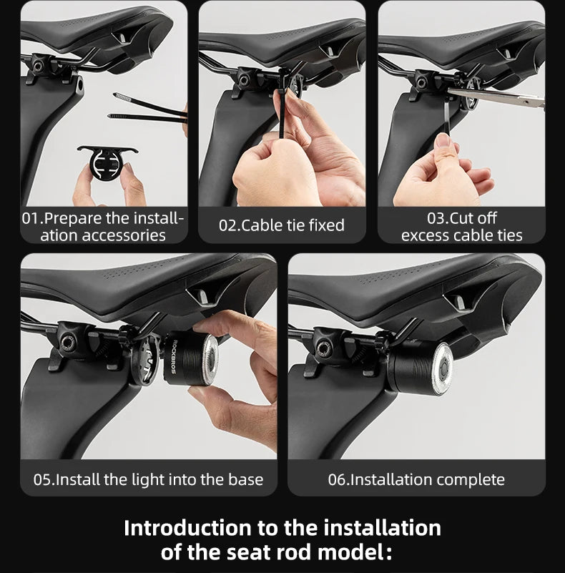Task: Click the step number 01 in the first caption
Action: (x=30, y=218)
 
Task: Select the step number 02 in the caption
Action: (x=227, y=225)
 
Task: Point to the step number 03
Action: (x=436, y=218)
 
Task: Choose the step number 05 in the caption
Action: (x=41, y=479)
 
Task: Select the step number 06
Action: (x=337, y=479)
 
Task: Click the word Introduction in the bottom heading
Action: (x=187, y=528)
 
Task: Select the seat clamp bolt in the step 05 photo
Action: (x=68, y=342)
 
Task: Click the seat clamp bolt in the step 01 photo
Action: (x=38, y=65)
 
